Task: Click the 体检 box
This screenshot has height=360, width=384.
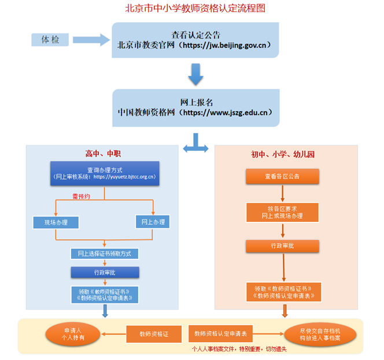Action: click(x=50, y=39)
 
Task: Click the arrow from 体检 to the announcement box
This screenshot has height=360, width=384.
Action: click(x=90, y=39)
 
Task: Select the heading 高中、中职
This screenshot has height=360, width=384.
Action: click(x=103, y=154)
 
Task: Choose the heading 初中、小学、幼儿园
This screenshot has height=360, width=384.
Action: click(x=283, y=155)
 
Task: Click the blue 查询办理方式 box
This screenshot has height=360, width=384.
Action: click(x=104, y=173)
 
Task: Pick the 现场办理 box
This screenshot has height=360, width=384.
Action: click(x=56, y=222)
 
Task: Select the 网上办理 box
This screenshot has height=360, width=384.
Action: click(x=153, y=221)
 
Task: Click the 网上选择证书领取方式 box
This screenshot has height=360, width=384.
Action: click(x=104, y=254)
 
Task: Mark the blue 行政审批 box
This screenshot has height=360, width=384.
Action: click(x=105, y=272)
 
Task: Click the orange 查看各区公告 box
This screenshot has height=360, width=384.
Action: click(x=282, y=176)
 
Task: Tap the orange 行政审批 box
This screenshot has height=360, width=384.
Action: click(x=282, y=246)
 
